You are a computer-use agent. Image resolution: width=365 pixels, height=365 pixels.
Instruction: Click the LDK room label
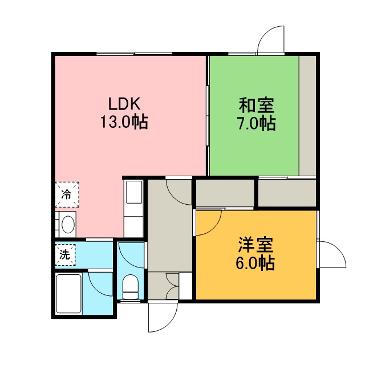pyautogui.click(x=124, y=104)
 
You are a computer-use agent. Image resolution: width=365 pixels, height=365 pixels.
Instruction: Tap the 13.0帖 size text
pyautogui.click(x=124, y=122)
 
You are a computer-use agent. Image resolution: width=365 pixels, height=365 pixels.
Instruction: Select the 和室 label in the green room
pyautogui.click(x=257, y=106)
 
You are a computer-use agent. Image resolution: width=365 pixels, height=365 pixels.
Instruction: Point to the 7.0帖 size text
pyautogui.click(x=256, y=123)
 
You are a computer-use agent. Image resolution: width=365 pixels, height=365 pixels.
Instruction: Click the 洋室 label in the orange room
pyautogui.click(x=255, y=245)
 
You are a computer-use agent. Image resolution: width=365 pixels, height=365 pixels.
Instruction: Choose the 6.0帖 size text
pyautogui.click(x=255, y=263)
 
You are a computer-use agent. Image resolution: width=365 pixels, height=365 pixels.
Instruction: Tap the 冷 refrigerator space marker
pyautogui.click(x=67, y=194)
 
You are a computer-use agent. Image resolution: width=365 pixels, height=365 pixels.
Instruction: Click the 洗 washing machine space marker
pyautogui.click(x=65, y=255)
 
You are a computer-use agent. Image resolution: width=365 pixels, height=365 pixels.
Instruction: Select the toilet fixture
pyautogui.click(x=131, y=287)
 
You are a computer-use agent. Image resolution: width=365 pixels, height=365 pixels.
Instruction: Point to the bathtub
pyautogui.click(x=68, y=294)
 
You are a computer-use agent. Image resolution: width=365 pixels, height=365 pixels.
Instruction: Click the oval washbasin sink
pyautogui.click(x=68, y=225)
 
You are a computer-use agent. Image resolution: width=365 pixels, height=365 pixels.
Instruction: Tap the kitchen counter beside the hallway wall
pyautogui.click(x=133, y=208)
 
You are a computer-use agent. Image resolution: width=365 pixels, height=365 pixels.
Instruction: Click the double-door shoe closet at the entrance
pyautogui.click(x=172, y=286)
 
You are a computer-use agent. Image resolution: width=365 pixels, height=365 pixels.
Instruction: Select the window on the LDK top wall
pyautogui.click(x=135, y=54)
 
